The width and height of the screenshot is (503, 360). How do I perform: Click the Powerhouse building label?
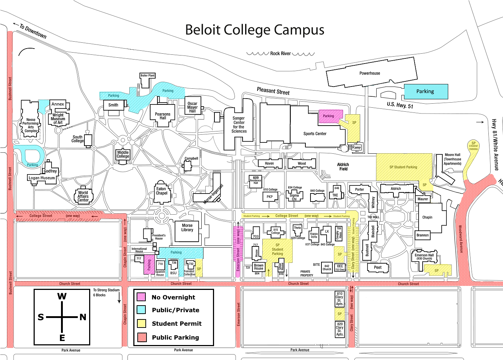[x=370, y=73]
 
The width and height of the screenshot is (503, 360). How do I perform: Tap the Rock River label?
[x=281, y=54]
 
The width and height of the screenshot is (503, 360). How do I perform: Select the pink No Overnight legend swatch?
[x=141, y=297]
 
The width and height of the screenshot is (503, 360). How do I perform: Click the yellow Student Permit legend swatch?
[x=141, y=323]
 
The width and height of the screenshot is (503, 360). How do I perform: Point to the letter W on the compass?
[x=62, y=296]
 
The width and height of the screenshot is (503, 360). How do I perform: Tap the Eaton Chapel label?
[x=161, y=191]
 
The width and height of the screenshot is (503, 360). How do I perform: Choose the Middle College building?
[x=123, y=154]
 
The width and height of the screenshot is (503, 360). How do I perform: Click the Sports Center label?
[x=315, y=134]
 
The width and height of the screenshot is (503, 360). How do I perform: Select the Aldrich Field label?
[x=343, y=167]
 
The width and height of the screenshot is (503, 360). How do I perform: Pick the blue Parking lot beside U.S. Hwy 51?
[x=426, y=92]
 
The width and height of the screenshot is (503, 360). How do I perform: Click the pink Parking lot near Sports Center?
[x=329, y=116]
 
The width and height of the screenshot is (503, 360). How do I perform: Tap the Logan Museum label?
[x=42, y=178]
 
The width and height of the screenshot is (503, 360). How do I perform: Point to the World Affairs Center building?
[x=83, y=196]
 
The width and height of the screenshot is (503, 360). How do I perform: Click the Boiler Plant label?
[x=148, y=76]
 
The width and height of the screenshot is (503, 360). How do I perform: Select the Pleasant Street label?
[x=273, y=91]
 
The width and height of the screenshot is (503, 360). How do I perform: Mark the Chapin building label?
[x=427, y=217]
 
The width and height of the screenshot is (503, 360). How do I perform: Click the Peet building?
[x=378, y=268]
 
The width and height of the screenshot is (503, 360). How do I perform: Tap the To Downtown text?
[x=33, y=31]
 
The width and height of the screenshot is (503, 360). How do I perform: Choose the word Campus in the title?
[x=298, y=30]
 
